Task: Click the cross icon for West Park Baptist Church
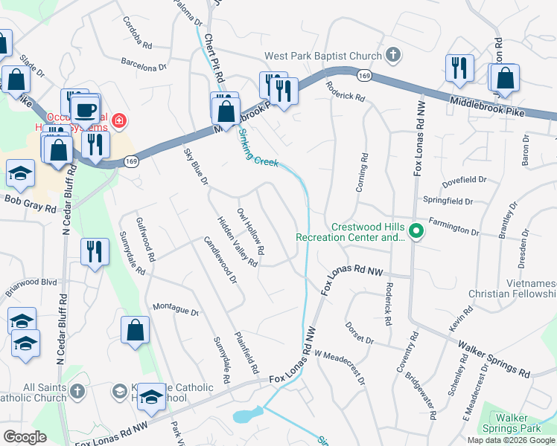(x=393, y=55)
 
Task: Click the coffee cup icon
(x=87, y=109)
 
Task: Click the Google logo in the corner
(x=25, y=437)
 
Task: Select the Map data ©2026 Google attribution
(x=512, y=440)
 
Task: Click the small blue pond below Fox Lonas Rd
(x=247, y=414)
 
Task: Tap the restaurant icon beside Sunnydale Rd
(x=94, y=251)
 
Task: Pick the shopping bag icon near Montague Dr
(x=135, y=330)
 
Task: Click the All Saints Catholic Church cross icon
(x=76, y=391)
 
